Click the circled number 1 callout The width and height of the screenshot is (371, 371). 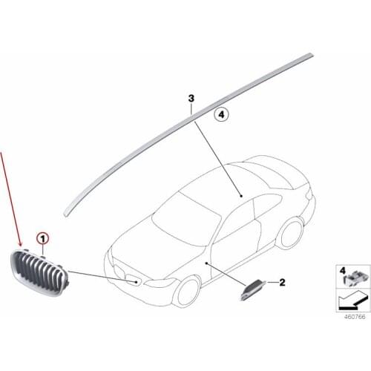pyautogui.click(x=43, y=239)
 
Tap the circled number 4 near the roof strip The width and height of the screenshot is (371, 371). pyautogui.click(x=221, y=114)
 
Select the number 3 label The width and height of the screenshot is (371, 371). pyautogui.click(x=191, y=99)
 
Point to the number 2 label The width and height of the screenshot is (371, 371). pyautogui.click(x=282, y=282)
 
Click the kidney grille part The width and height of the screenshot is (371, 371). pyautogui.click(x=39, y=272)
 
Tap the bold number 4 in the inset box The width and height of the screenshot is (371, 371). pyautogui.click(x=343, y=271)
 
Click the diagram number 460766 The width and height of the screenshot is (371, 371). pyautogui.click(x=355, y=317)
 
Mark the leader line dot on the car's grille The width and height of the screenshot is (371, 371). pyautogui.click(x=136, y=282)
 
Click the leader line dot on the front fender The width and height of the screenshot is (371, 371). pyautogui.click(x=206, y=263)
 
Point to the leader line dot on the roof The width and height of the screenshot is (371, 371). pyautogui.click(x=241, y=196)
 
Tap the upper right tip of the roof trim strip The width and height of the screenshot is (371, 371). pyautogui.click(x=312, y=55)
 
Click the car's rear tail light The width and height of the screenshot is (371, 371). pyautogui.click(x=309, y=195)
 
